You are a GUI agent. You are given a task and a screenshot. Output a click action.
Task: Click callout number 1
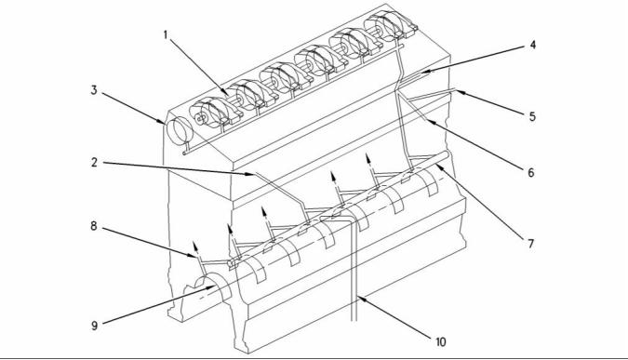[x=166, y=34]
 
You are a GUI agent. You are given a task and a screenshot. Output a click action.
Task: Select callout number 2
[x=94, y=163]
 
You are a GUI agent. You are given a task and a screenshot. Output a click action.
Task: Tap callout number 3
[x=94, y=90]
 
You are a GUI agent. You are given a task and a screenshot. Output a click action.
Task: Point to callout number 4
[x=532, y=45]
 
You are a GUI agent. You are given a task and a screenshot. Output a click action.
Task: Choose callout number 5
[x=532, y=116]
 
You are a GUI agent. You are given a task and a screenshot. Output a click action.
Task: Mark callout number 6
[x=531, y=173]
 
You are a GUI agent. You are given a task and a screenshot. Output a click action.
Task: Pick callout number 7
[x=531, y=244]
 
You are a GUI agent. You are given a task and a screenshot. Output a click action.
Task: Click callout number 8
[x=94, y=226]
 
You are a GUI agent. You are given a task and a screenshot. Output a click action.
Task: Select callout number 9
[x=95, y=326]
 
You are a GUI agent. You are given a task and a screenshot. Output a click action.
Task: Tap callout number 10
[x=441, y=342]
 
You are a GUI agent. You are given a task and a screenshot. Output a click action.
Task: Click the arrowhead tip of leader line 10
[x=357, y=296]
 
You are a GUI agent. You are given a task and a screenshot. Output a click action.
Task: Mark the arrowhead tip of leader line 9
[x=216, y=286]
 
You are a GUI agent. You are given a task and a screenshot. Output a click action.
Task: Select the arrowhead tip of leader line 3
[x=165, y=123]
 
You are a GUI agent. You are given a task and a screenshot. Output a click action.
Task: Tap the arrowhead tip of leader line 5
[x=456, y=91]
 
